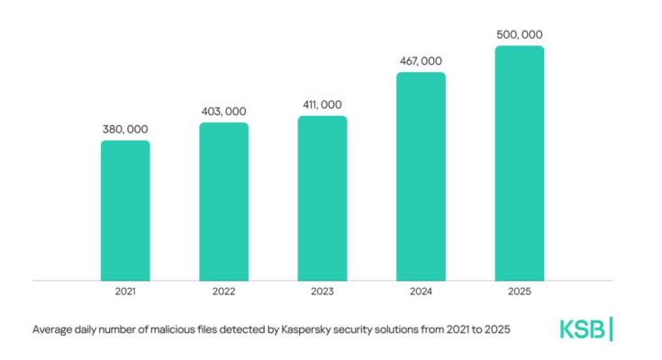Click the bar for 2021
125,210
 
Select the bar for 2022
223,201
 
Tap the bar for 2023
322,198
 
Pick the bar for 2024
421,175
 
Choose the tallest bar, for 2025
520,162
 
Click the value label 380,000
125,130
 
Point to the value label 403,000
223,112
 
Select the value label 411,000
322,105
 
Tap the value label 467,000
421,61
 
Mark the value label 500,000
520,35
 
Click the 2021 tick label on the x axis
125,292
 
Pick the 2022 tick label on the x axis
223,292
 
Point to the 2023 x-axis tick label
322,292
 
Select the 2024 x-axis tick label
421,292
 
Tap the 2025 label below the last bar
520,292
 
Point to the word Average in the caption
53,330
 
